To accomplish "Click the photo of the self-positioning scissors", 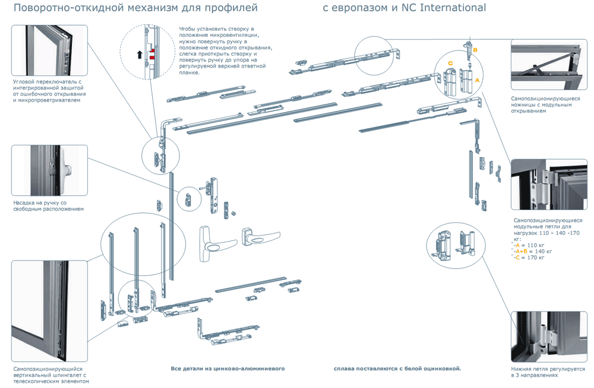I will pos(548,65).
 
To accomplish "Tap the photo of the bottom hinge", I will pos(548,336).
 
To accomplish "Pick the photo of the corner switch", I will pos(49,50).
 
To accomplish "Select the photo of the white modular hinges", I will pos(548,185).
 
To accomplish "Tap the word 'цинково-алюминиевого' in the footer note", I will pos(252,368).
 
